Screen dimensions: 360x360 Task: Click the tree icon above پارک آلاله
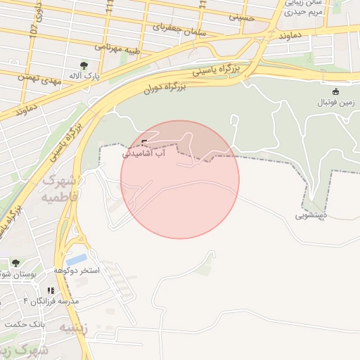[85, 65]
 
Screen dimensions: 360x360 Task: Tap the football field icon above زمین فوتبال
[335, 91]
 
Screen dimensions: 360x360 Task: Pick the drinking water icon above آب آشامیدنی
[145, 143]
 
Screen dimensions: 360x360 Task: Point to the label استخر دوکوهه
[77, 271]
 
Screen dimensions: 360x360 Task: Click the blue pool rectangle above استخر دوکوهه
[77, 259]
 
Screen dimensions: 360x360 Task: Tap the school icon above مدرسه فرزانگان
[51, 290]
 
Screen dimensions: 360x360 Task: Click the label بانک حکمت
[25, 324]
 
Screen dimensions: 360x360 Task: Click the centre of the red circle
[180, 179]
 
